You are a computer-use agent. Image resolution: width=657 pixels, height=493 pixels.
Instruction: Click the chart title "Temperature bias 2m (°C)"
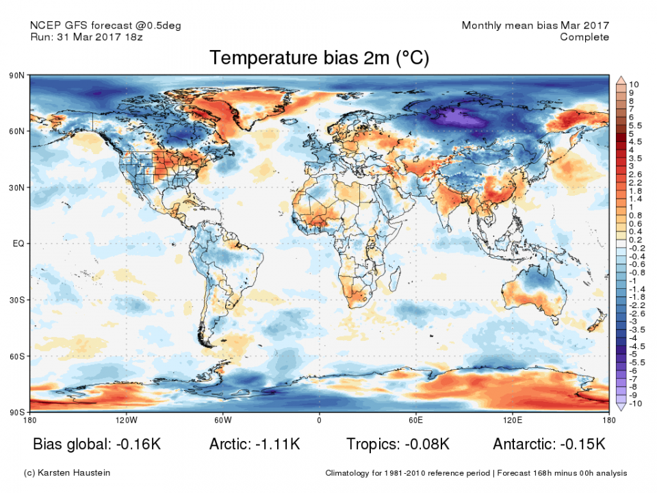coord(319,58)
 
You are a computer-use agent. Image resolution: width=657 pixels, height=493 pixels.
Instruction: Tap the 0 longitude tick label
coord(319,419)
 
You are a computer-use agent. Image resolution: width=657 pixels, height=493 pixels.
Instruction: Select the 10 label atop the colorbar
coord(634,84)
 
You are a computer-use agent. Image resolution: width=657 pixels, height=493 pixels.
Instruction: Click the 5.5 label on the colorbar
coord(636,126)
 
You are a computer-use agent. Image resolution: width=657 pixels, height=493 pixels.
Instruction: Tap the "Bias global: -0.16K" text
coord(96,444)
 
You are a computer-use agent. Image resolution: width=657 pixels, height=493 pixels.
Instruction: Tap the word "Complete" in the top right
coord(584,37)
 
